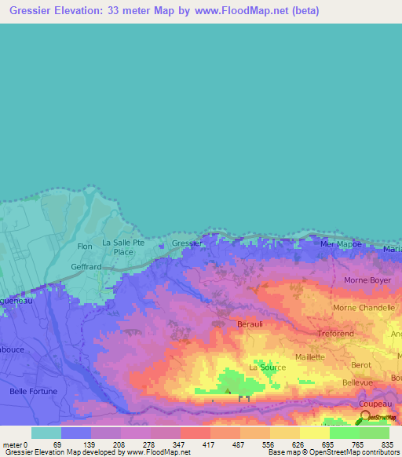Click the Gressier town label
[187, 243]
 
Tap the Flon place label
[85, 247]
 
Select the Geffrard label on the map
[86, 267]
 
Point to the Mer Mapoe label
[342, 244]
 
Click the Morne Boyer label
[367, 280]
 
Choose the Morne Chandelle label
[364, 308]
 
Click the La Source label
[267, 367]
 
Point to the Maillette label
[310, 357]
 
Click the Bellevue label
[357, 382]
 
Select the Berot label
[361, 366]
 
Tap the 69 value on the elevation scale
[57, 444]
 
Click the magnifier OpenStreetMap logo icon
[365, 415]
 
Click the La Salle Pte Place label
[123, 247]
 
